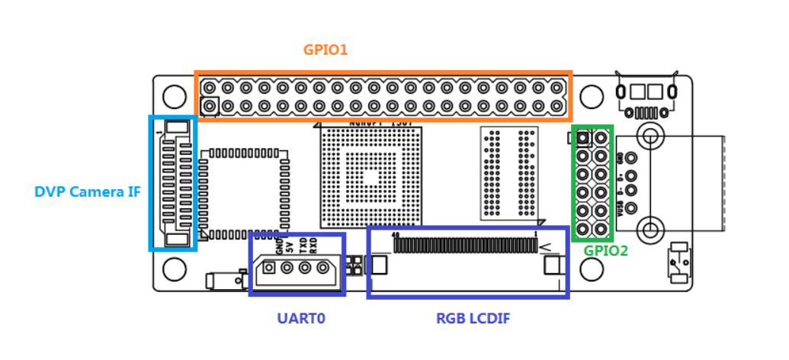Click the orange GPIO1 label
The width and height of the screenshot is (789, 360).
point(326,50)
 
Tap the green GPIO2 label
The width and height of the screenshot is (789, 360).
point(606,250)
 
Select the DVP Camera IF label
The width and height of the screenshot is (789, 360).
point(88,191)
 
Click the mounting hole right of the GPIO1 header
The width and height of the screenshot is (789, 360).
point(592,95)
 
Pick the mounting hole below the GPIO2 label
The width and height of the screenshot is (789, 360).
point(592,268)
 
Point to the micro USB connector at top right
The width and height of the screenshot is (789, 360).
point(647,95)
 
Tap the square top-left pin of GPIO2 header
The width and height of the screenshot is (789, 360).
point(584,138)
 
